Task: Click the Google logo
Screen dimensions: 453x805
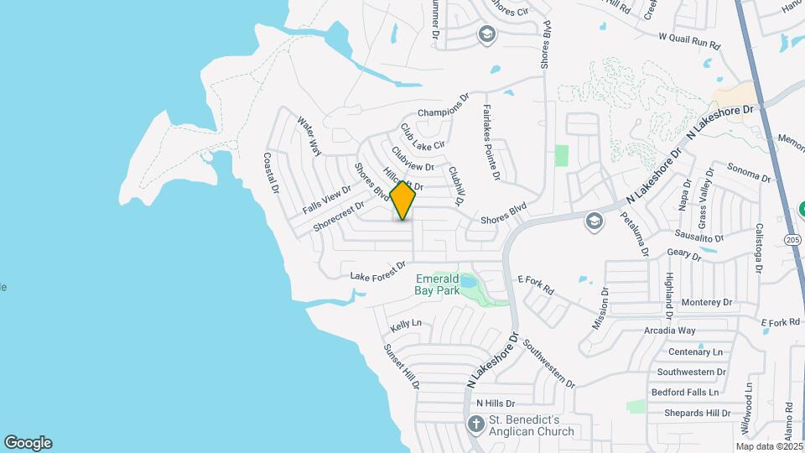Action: pos(28,443)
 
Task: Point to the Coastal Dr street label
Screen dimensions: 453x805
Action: pos(270,173)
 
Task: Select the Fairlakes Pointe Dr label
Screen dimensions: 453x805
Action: pos(491,142)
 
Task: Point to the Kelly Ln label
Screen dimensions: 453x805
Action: pos(405,323)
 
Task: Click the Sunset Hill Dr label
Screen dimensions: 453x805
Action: pos(401,367)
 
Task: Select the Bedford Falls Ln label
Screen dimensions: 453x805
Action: pos(685,392)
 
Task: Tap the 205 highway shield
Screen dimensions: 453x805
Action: pos(792,240)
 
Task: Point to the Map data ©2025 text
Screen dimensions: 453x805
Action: pos(770,446)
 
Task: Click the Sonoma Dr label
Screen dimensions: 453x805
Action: pos(748,172)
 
